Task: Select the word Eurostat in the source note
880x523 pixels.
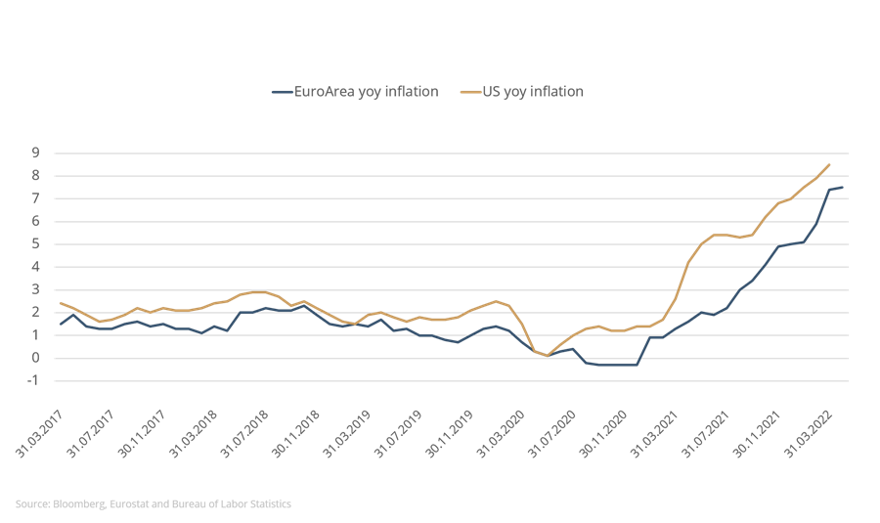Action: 126,503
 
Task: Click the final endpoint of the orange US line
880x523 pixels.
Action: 830,164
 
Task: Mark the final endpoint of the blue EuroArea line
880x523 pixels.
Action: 843,187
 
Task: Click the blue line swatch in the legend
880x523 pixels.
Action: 283,92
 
